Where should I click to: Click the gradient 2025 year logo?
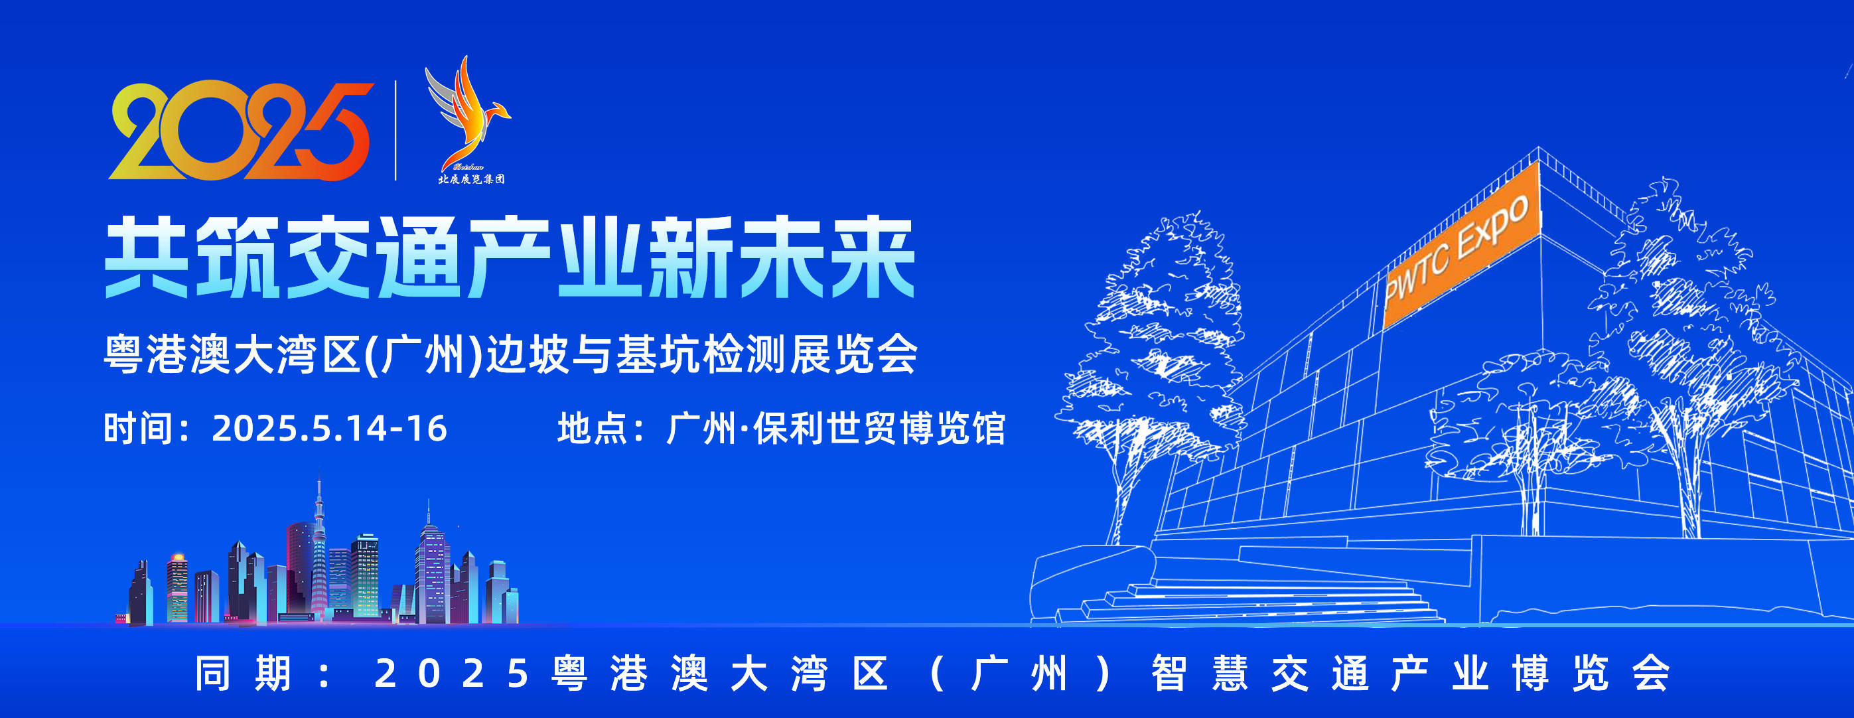coord(241,130)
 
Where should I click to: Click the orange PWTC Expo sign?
coord(1461,245)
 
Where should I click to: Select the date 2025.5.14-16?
coord(329,429)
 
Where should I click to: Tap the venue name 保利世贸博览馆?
coord(879,429)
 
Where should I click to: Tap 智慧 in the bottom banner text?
coord(1199,674)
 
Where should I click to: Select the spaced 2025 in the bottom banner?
coord(452,674)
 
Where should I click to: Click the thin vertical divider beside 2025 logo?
coord(395,130)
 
